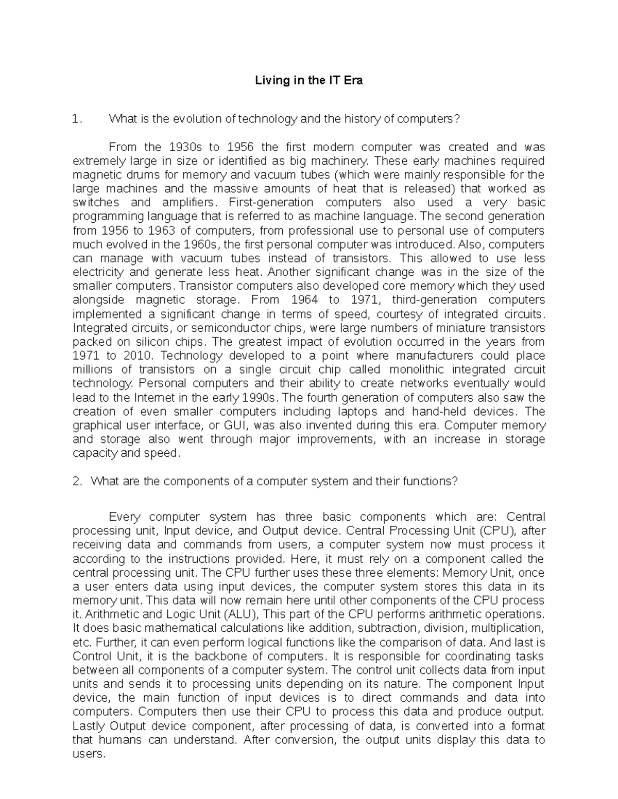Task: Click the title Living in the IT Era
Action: pos(309,81)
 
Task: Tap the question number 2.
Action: pos(77,482)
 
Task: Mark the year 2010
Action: pos(137,356)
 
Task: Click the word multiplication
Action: pos(507,628)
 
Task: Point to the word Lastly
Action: pos(89,726)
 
